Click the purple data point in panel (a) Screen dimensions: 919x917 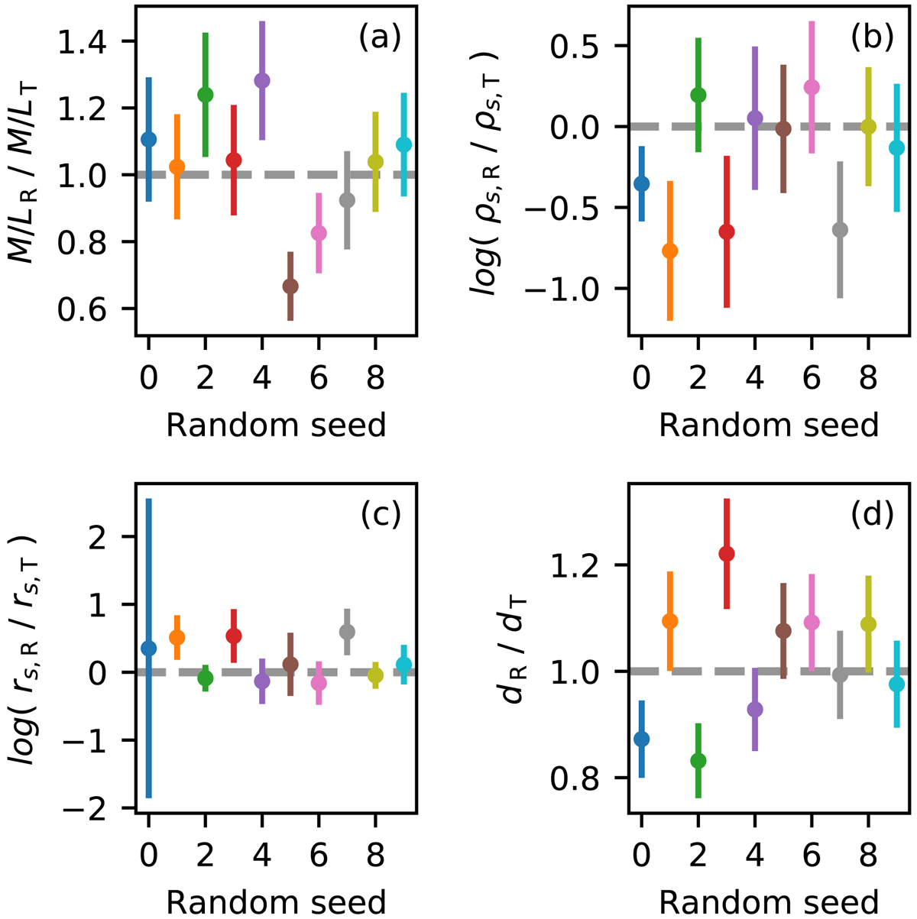click(x=262, y=81)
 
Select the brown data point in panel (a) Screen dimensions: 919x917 click(x=290, y=286)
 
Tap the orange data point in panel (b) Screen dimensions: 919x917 click(x=670, y=251)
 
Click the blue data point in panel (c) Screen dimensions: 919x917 click(x=148, y=648)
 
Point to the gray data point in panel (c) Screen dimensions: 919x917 click(x=347, y=631)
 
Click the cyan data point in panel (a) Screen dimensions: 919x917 click(x=403, y=144)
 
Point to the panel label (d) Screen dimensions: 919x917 click(x=872, y=516)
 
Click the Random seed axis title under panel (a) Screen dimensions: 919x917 click(x=276, y=425)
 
